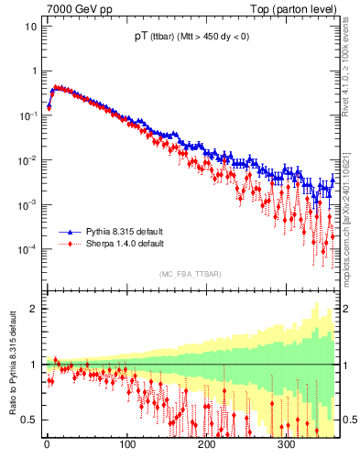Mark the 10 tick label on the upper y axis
pos(30,26)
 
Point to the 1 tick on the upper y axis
pos(33,71)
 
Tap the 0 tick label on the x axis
pos(47,445)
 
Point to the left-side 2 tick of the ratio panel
pos(33,309)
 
